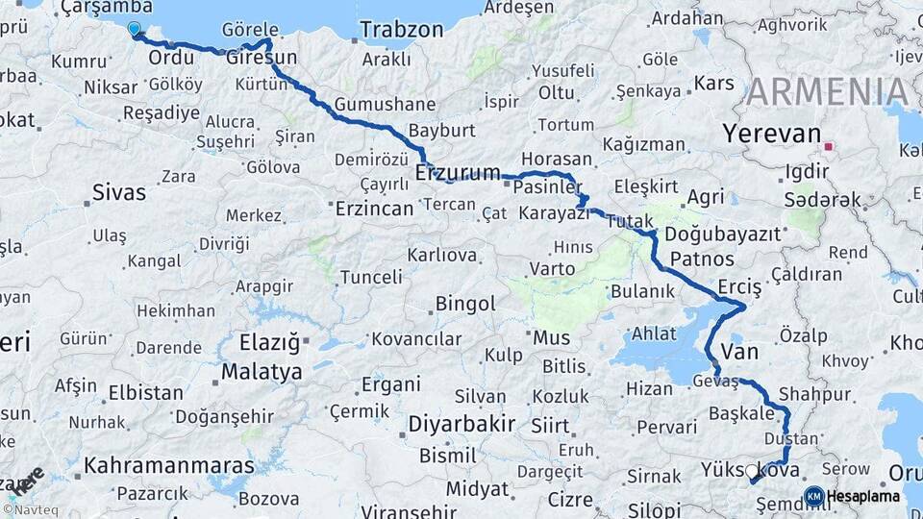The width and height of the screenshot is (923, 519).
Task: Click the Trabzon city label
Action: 402,30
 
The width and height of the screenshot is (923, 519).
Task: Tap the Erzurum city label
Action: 458,174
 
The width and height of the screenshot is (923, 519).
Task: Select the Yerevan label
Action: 773,134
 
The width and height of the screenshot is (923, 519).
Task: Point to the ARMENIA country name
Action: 827,91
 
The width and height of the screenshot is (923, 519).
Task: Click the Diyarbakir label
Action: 461,424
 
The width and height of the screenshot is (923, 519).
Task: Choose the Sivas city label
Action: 118,191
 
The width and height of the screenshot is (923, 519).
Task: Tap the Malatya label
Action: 262,371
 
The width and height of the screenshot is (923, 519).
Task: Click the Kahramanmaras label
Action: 169,465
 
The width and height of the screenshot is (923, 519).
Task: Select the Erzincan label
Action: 374,208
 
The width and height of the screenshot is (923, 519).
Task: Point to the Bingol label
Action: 465,304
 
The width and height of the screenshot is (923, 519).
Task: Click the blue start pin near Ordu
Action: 133,30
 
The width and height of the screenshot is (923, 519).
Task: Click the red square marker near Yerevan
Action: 828,148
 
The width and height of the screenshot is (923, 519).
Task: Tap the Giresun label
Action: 261,58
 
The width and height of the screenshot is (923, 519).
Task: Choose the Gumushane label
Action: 384,104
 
